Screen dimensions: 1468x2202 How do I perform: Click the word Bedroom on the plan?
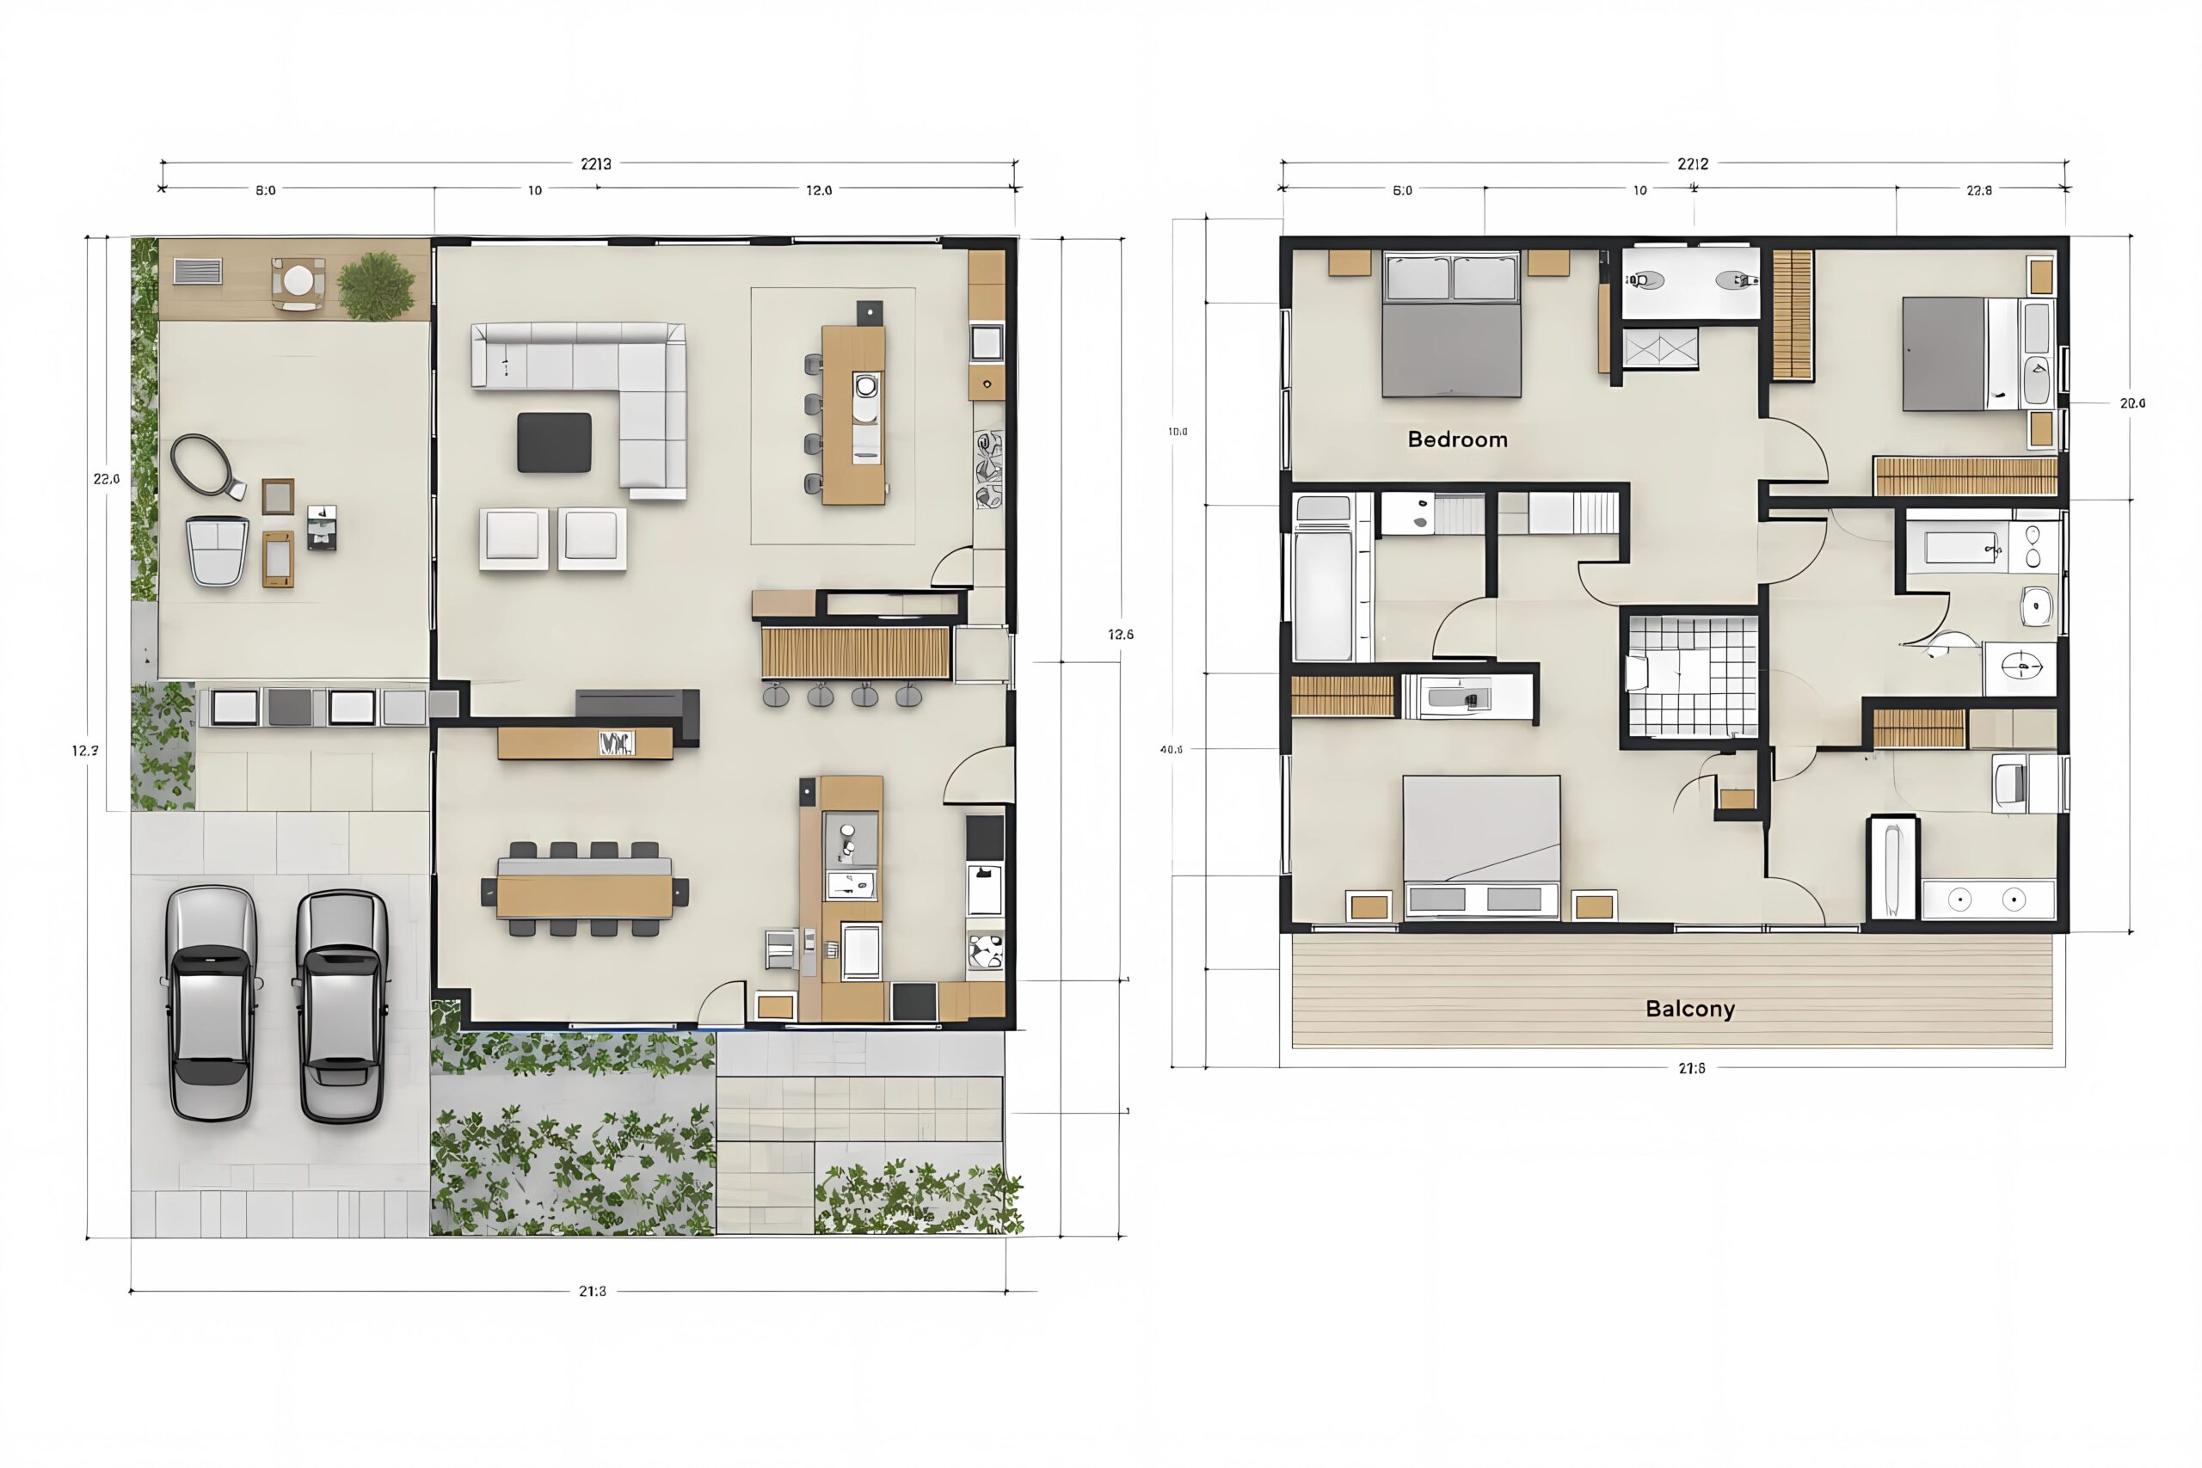(1457, 439)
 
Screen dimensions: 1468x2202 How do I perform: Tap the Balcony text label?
(1690, 1008)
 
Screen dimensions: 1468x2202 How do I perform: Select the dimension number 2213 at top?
(595, 164)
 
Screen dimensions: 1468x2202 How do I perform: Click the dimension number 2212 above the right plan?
(1693, 164)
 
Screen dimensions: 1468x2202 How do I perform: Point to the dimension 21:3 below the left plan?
(592, 1291)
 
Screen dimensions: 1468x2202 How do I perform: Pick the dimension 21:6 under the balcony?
(1691, 1068)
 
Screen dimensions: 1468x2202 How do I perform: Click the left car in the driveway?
(211, 1004)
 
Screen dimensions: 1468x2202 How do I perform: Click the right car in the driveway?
(341, 1005)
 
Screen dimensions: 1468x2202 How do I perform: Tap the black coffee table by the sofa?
(554, 442)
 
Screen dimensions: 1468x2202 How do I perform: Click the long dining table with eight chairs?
(584, 889)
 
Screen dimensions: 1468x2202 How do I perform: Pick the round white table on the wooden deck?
(299, 280)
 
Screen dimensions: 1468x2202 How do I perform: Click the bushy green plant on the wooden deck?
(377, 285)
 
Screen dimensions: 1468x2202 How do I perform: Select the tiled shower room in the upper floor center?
(1691, 676)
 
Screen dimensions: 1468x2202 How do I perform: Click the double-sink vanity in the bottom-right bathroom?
(1988, 900)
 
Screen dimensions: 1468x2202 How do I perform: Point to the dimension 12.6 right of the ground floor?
(1121, 635)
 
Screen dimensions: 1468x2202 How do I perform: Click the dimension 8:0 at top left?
(266, 190)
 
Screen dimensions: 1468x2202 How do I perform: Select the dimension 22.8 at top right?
(1979, 190)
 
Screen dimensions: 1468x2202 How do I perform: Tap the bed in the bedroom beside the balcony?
(1481, 843)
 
